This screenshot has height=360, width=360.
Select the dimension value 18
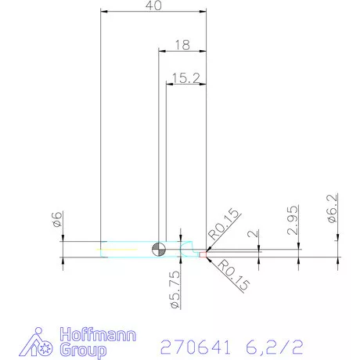182,45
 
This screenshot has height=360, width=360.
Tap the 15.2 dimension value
185,77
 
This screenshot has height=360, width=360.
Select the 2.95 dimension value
292,221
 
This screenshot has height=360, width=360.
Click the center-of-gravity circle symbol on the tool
159,249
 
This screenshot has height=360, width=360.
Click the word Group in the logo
82,350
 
